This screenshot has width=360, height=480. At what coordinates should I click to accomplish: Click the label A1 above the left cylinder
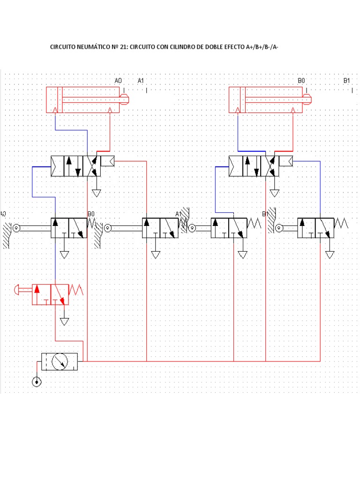pyautogui.click(x=141, y=81)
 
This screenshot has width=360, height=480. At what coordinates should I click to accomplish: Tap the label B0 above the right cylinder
pyautogui.click(x=301, y=81)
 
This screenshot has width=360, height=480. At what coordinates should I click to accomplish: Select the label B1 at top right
pyautogui.click(x=347, y=81)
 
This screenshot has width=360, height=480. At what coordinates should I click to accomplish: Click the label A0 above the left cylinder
pyautogui.click(x=118, y=81)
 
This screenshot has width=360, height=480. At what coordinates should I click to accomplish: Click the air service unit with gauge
pyautogui.click(x=60, y=361)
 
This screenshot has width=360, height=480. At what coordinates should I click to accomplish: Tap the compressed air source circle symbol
pyautogui.click(x=37, y=382)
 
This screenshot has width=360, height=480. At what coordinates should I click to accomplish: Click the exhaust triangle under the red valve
pyautogui.click(x=64, y=322)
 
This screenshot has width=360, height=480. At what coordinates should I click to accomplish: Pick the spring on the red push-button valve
pyautogui.click(x=76, y=290)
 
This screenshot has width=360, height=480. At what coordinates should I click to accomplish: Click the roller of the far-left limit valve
pyautogui.click(x=16, y=228)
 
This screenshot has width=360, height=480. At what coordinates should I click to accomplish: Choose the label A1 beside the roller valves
pyautogui.click(x=178, y=214)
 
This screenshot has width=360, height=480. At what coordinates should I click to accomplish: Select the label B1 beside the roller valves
pyautogui.click(x=265, y=214)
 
